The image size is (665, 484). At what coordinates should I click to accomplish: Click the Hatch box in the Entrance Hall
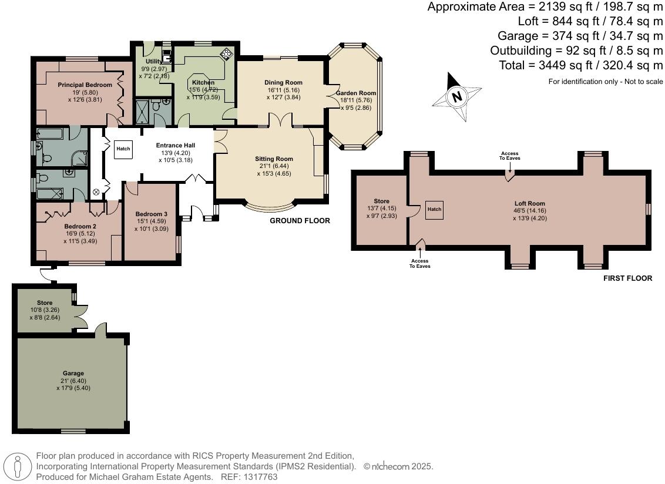coord(123,149)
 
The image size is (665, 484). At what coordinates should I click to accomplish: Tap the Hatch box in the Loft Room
coord(434,210)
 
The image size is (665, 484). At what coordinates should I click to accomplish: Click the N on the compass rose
coord(457,97)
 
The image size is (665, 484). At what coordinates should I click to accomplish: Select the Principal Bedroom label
coord(85,85)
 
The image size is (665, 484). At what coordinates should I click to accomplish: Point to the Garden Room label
coord(356,93)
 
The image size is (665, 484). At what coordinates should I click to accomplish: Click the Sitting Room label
coord(274,159)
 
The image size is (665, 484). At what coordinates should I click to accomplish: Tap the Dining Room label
coord(283,83)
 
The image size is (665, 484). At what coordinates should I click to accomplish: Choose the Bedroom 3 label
coord(152,214)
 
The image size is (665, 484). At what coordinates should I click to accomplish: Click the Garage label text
coord(73,374)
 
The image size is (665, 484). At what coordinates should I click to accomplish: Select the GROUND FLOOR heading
coord(300,221)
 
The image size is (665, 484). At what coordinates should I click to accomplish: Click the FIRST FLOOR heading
coord(627,278)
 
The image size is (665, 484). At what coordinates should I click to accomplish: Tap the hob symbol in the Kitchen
coord(227,54)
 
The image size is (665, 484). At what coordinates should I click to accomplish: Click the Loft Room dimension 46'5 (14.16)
coord(530,211)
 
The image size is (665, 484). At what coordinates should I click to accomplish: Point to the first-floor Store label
coord(382,201)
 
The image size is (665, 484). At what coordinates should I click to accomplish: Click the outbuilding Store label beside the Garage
coord(45,303)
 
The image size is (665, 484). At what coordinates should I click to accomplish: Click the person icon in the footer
coord(17,466)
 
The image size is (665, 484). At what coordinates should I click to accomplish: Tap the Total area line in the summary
coord(580,65)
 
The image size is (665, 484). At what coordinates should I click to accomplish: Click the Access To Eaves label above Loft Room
coord(510,156)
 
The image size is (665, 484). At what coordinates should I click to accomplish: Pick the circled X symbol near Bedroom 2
coord(96,192)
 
